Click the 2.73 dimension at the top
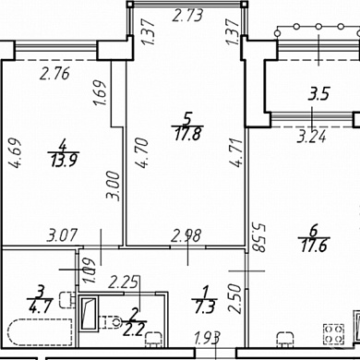[187, 16]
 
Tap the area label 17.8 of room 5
[188, 134]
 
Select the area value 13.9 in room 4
[64, 161]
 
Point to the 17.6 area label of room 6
[314, 246]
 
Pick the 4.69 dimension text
[15, 153]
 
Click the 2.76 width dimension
[55, 74]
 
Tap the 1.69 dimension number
[101, 92]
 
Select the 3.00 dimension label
[113, 186]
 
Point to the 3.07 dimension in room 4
[62, 236]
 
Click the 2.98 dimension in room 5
[186, 236]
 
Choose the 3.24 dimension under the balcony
[311, 137]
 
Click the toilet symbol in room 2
[109, 322]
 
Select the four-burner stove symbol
[333, 334]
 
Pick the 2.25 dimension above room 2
[124, 282]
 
